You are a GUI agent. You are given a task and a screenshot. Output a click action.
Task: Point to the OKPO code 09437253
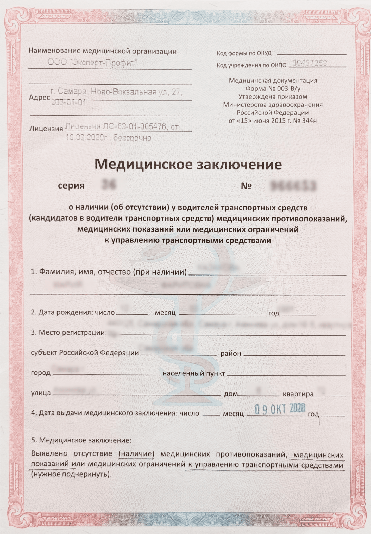[x=310, y=63]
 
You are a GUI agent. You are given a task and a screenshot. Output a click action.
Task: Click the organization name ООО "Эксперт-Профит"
[x=92, y=63]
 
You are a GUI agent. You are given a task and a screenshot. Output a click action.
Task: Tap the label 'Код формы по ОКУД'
[x=244, y=53]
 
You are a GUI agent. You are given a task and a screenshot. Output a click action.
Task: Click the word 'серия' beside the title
[x=71, y=186]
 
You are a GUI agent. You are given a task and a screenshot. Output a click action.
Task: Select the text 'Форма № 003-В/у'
[x=273, y=89]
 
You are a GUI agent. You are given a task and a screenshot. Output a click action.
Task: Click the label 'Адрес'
[x=39, y=98]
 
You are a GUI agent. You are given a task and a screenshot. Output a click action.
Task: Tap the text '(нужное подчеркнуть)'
[x=71, y=474]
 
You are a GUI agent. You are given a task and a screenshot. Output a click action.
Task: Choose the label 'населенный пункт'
[x=194, y=373]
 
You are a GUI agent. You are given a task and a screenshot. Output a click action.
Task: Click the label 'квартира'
[x=298, y=394]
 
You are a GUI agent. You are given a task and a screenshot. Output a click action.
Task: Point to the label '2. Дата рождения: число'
[x=73, y=312]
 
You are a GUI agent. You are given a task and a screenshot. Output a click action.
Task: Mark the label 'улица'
[x=41, y=393]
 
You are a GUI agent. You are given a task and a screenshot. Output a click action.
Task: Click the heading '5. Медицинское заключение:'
[x=81, y=441]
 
